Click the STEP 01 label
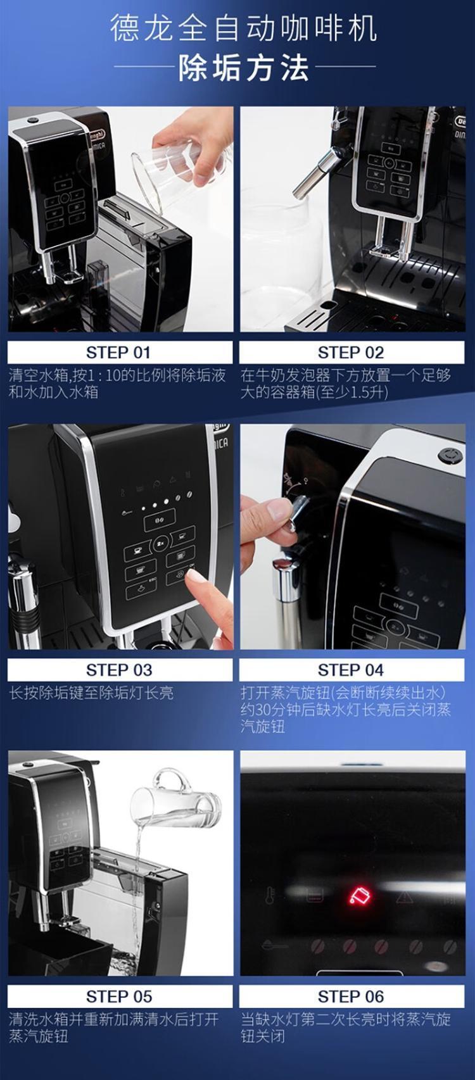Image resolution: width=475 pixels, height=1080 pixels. (x=118, y=353)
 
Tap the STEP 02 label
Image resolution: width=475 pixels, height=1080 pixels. (x=351, y=353)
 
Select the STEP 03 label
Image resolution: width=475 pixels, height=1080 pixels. (x=118, y=670)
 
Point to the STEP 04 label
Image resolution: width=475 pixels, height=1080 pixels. (x=351, y=670)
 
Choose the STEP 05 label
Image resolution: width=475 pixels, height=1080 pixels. (x=118, y=996)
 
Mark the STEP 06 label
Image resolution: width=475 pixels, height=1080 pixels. (x=351, y=996)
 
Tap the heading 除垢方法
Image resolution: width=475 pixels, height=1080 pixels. (x=244, y=68)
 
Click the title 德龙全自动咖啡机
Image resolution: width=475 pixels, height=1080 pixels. (x=244, y=28)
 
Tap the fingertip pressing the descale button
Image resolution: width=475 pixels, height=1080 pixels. (x=194, y=575)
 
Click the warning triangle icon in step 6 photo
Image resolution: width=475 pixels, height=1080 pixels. (x=404, y=896)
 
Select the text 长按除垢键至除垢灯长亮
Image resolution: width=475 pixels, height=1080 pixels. (x=92, y=693)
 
